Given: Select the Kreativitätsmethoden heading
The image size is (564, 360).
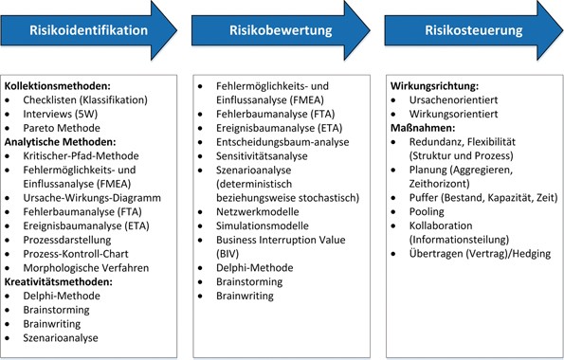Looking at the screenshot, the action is click(x=64, y=281).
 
